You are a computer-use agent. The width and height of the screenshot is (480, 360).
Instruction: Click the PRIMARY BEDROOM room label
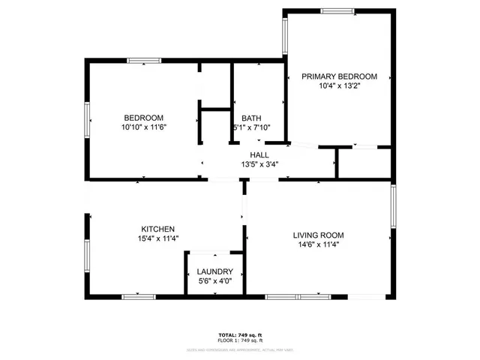[x=339, y=76]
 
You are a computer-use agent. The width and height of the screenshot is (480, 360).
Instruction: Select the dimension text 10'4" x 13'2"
[x=339, y=86]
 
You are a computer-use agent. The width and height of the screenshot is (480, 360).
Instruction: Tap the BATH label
[x=250, y=118]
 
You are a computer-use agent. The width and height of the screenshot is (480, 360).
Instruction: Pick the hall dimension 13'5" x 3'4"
[x=259, y=164]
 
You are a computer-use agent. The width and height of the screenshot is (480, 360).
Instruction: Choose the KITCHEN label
[x=158, y=229]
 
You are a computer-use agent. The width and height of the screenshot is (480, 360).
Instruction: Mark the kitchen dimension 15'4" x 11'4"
[x=158, y=238]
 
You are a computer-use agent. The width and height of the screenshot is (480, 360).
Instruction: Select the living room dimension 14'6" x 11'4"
[x=317, y=244]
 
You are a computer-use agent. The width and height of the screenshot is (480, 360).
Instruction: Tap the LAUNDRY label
[x=214, y=271]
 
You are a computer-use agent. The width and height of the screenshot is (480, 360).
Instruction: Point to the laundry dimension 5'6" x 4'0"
[x=214, y=281]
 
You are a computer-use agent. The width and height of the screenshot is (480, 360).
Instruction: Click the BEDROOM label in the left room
[x=144, y=118]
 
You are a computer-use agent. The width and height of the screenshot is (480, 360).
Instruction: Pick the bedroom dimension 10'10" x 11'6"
[x=144, y=127]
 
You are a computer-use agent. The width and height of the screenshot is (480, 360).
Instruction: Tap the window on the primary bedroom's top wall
[x=337, y=11]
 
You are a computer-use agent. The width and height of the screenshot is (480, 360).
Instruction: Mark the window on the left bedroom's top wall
[x=144, y=61]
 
